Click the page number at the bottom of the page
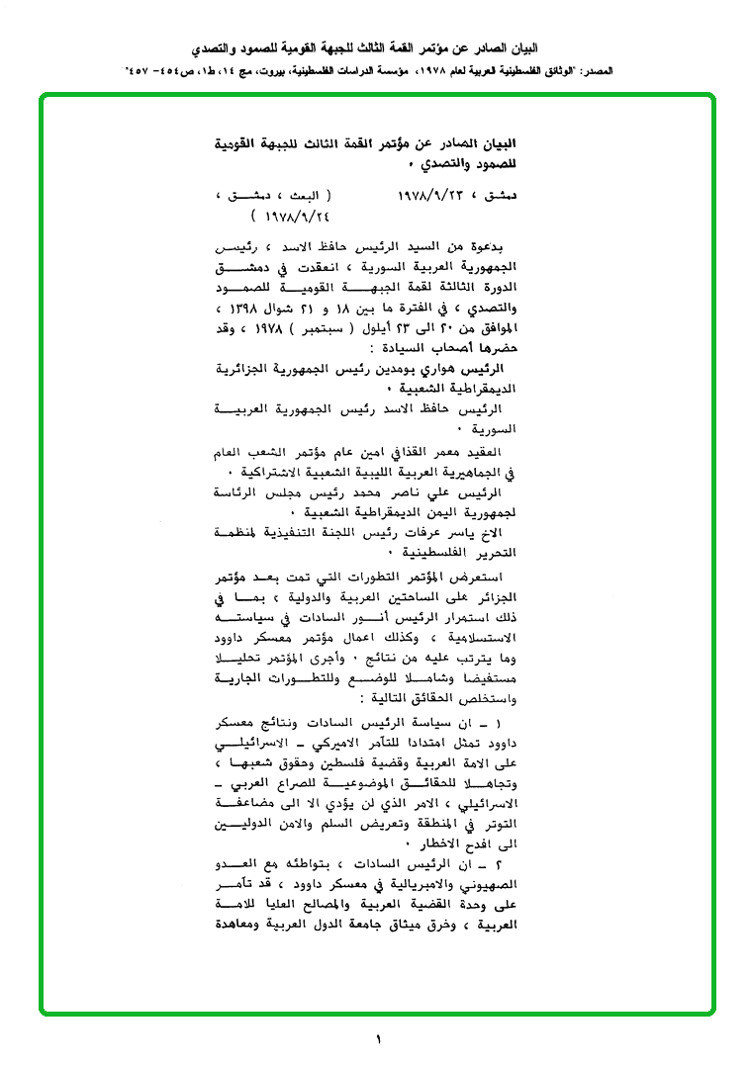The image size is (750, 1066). tap(377, 1039)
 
